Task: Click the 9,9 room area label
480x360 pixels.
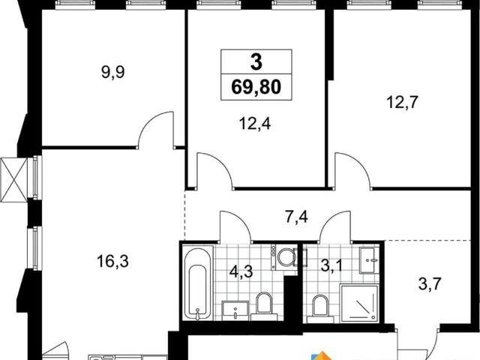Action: coord(112,73)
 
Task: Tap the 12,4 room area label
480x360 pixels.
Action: coord(255,124)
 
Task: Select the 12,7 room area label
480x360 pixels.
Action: coord(402,102)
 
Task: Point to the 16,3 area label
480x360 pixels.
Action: coord(112,262)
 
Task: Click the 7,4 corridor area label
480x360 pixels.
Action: coord(296,217)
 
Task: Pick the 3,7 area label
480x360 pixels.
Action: coord(430,284)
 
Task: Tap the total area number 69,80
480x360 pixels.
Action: coord(256,87)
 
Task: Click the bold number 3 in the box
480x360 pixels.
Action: coord(256,61)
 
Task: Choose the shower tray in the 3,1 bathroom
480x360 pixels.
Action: coord(360,303)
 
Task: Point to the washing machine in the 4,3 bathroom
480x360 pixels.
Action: coord(284,256)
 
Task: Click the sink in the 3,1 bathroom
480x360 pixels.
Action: coord(370,260)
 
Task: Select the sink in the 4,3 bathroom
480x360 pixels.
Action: coord(235,310)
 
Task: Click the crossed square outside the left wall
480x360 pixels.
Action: coord(13,180)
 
